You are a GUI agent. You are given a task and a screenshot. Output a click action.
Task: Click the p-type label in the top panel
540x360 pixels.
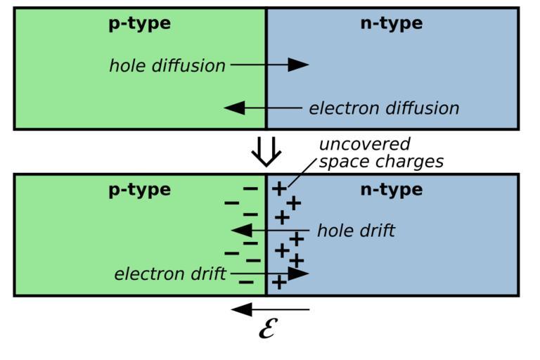[x=139, y=23]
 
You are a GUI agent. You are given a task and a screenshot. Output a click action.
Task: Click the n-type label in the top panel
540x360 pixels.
[x=391, y=23]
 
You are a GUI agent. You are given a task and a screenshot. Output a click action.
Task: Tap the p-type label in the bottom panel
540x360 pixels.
[x=139, y=189]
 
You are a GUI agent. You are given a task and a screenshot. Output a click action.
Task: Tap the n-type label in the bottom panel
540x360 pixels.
[x=391, y=189]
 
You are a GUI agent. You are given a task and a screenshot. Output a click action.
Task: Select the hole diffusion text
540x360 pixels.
[x=167, y=66]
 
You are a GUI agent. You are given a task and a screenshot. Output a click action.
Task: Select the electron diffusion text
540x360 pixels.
[x=384, y=108]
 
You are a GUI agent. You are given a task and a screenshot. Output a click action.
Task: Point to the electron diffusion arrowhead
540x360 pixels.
[x=235, y=108]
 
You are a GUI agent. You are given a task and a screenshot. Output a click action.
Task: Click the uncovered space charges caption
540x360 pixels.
[x=381, y=153]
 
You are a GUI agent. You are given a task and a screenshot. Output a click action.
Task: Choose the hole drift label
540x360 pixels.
[x=356, y=231]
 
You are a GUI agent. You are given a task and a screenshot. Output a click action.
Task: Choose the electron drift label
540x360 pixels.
[x=170, y=274]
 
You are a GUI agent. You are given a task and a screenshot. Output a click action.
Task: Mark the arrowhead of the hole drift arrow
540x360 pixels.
[x=242, y=230]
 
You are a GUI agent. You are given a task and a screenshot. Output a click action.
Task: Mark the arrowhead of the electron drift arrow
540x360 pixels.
[x=298, y=273]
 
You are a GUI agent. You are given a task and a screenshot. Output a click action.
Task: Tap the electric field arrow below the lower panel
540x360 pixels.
[x=270, y=309]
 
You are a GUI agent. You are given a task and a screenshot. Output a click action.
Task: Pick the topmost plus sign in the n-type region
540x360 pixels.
[x=279, y=188]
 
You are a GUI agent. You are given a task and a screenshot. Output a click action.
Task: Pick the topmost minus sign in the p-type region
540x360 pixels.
[x=250, y=188]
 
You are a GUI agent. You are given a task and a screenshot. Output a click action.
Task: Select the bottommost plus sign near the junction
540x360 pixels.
[x=279, y=283]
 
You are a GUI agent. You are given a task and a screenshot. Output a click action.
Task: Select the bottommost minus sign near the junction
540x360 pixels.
[x=246, y=283]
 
